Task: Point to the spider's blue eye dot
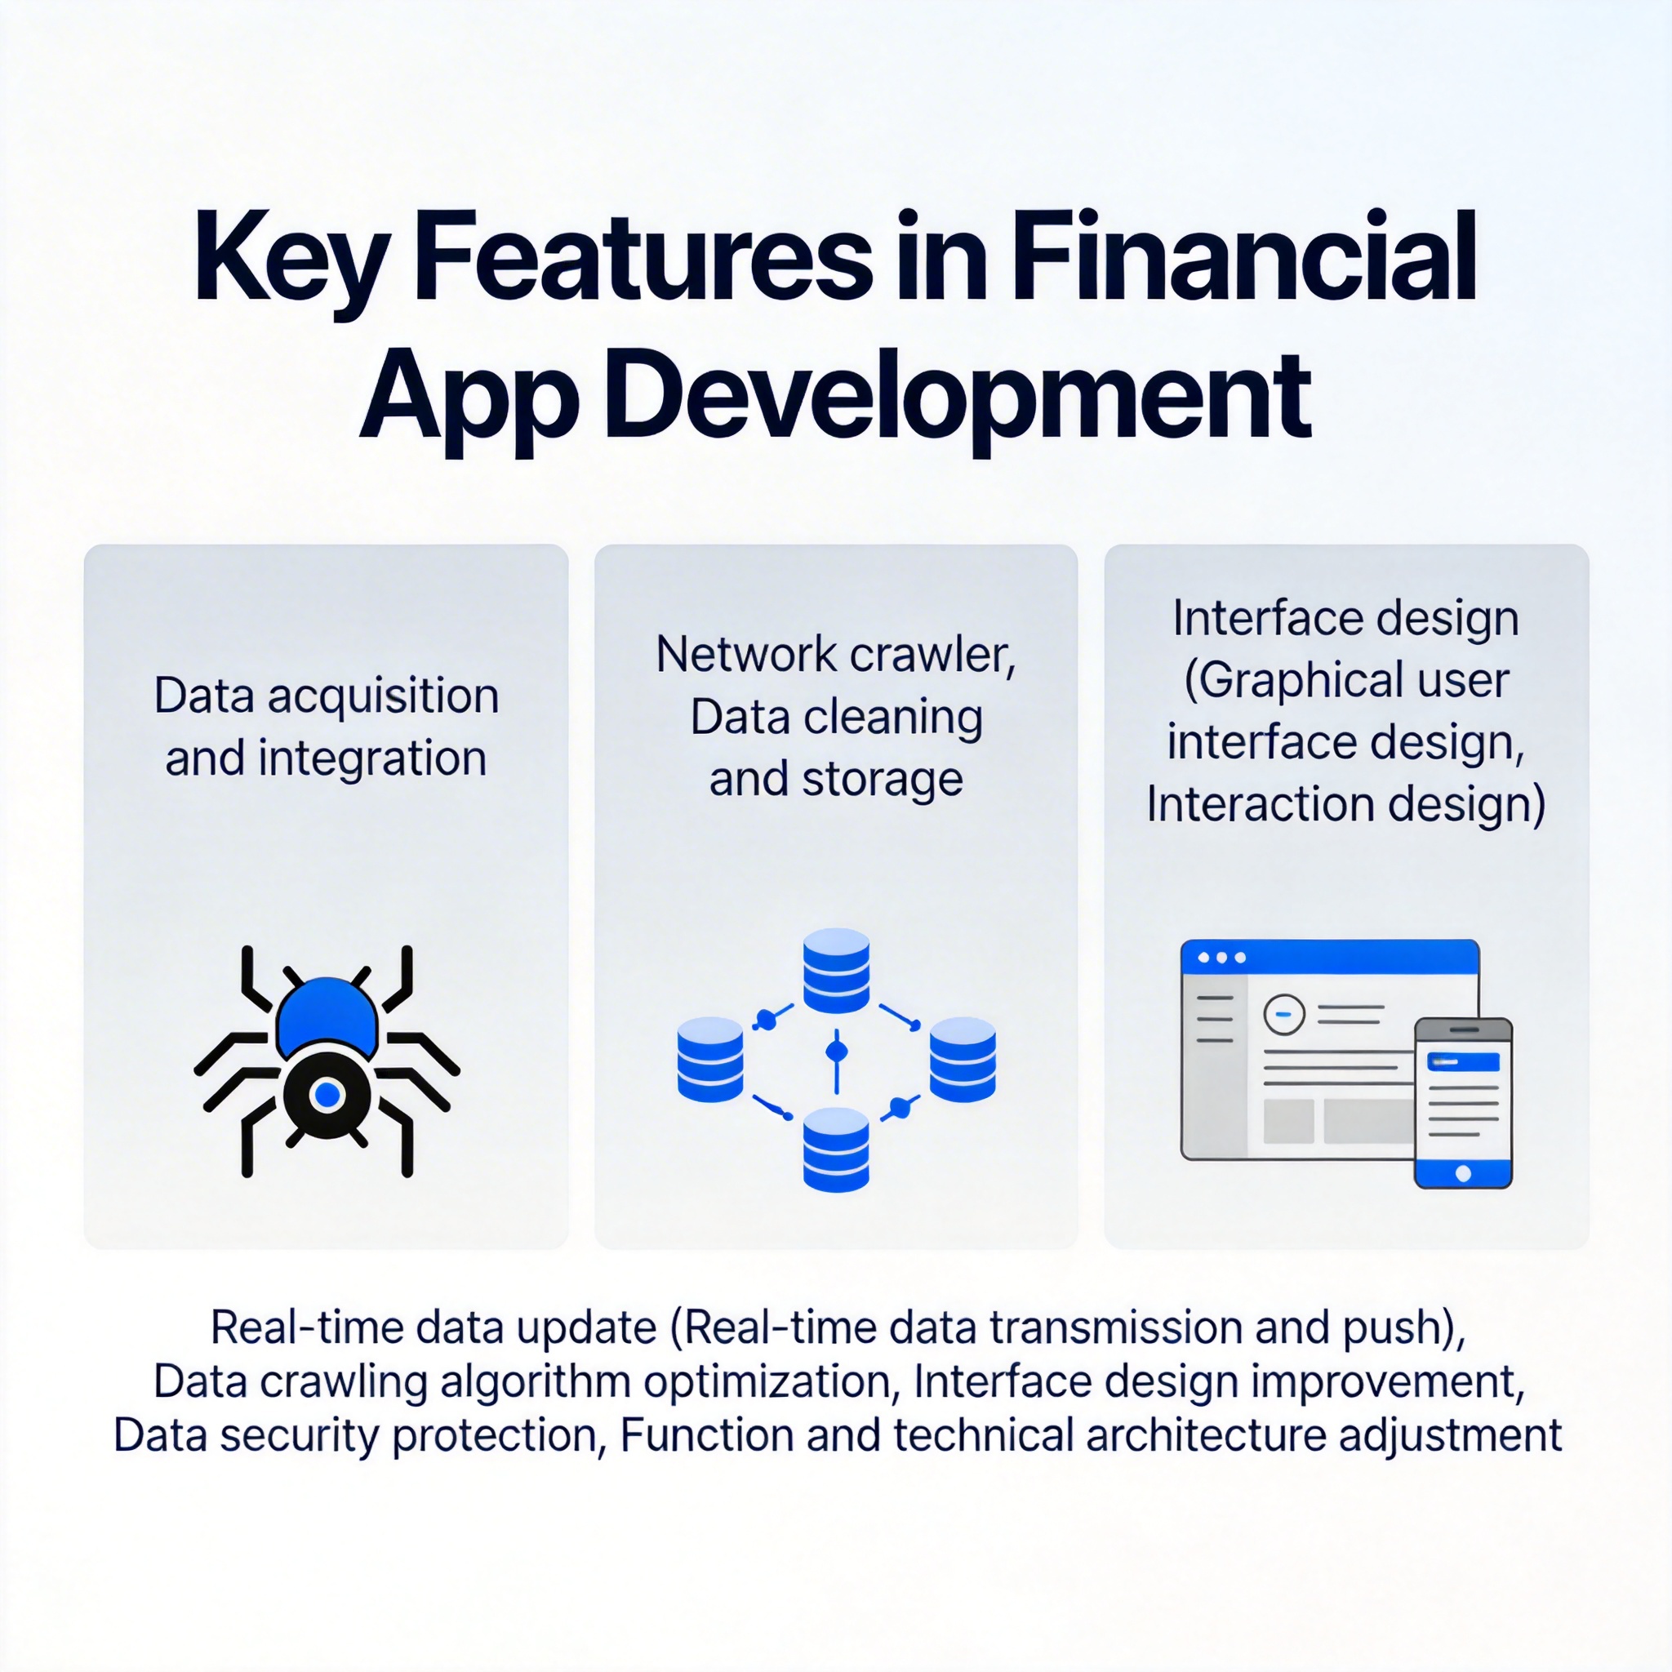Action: click(327, 1095)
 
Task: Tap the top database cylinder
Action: click(836, 970)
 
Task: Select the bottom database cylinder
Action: click(836, 1149)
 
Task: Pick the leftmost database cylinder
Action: click(709, 1059)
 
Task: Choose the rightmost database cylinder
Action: click(963, 1059)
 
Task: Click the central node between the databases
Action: click(836, 1052)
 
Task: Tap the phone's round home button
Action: click(1464, 1173)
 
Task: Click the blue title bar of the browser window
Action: click(1330, 957)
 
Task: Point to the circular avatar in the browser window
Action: click(1284, 1014)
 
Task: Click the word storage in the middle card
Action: click(883, 780)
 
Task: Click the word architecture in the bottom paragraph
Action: click(1207, 1436)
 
